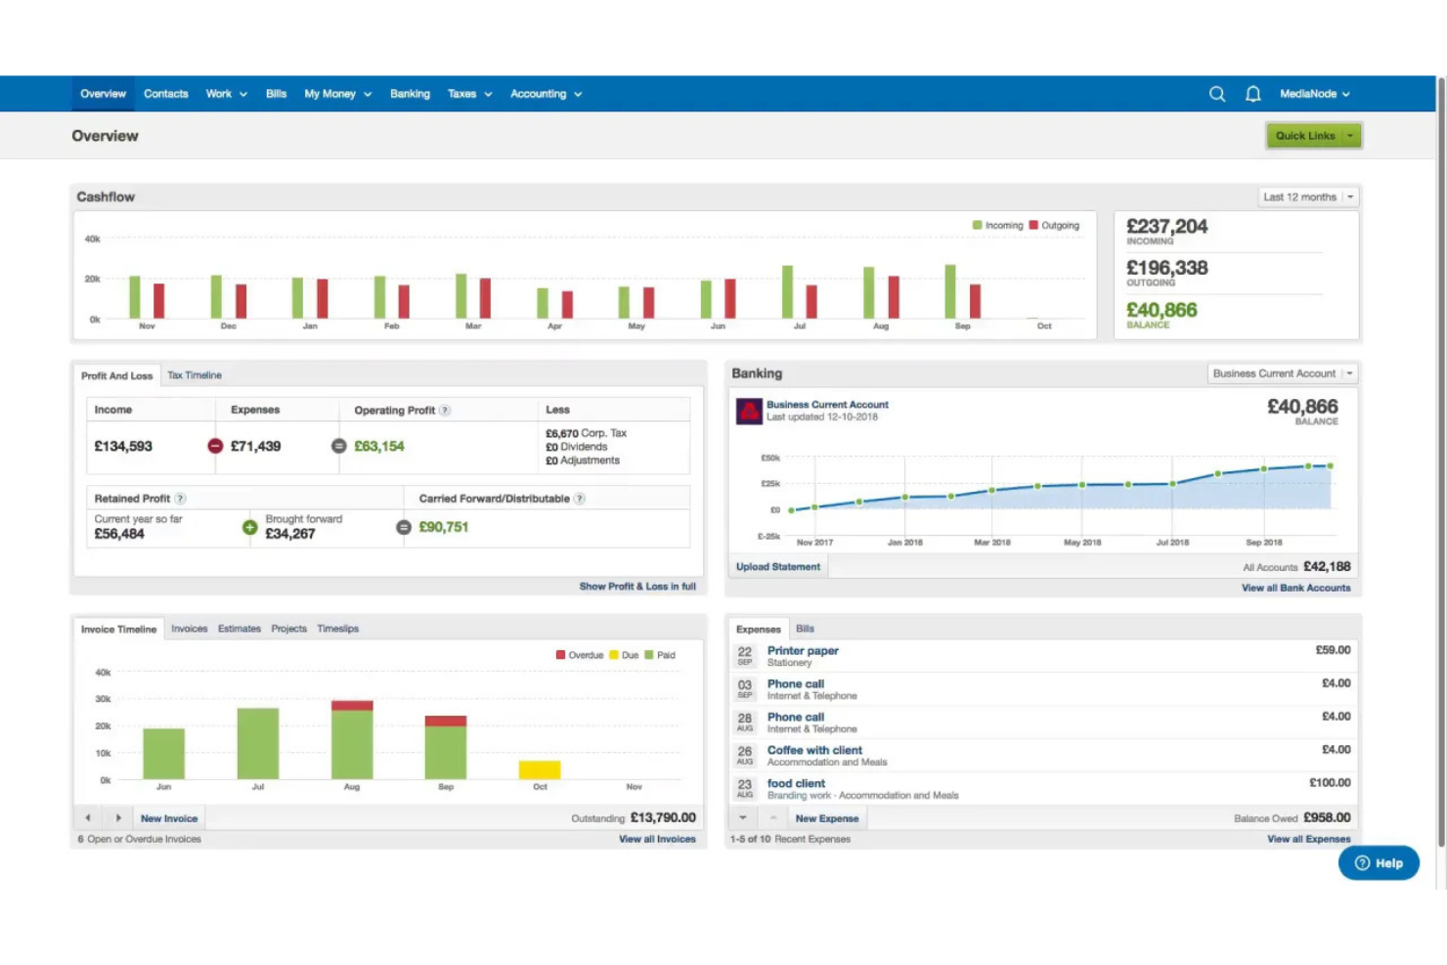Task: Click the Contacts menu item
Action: coord(165,94)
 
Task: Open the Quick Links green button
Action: coord(1313,136)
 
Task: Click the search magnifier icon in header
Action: coord(1216,94)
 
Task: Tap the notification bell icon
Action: coord(1252,94)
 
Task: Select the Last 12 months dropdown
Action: coord(1308,197)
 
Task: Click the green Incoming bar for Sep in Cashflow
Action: coord(949,291)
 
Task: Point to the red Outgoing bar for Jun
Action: coord(729,298)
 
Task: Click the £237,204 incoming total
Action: coord(1166,227)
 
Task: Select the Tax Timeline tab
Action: coord(194,375)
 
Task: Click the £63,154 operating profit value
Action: coord(378,446)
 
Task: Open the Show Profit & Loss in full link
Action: coord(636,587)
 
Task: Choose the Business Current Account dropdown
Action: coord(1282,373)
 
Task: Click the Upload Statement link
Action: coord(777,567)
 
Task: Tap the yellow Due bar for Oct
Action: coord(539,770)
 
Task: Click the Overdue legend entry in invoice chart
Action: coord(580,655)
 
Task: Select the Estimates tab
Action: coord(239,629)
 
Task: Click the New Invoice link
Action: coord(168,818)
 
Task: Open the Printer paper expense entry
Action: coord(803,651)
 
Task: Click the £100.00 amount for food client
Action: coord(1329,783)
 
